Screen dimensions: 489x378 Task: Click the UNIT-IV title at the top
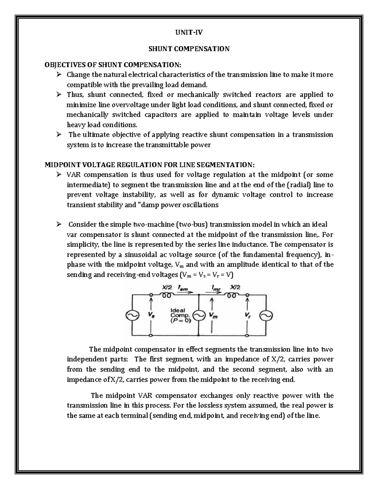pyautogui.click(x=189, y=32)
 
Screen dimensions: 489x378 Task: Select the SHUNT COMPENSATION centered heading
pyautogui.click(x=189, y=49)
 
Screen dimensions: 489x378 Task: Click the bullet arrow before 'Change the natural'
pyautogui.click(x=59, y=75)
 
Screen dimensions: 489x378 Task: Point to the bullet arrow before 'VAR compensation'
pyautogui.click(x=59, y=175)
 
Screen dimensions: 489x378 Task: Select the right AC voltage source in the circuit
pyautogui.click(x=266, y=316)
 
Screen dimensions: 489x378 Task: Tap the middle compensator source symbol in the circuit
pyautogui.click(x=199, y=316)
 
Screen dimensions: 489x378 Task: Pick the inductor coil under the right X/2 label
pyautogui.click(x=232, y=296)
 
